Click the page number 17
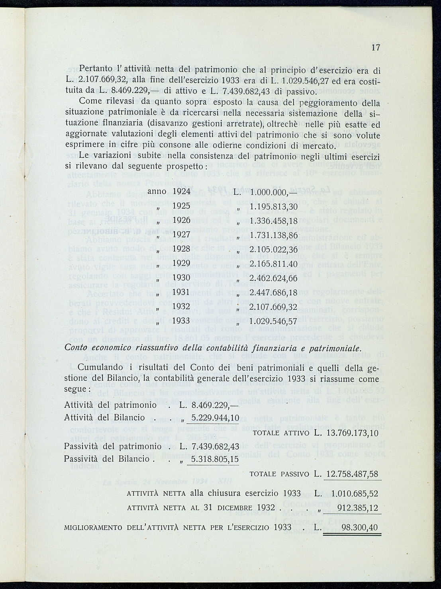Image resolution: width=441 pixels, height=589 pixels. (376, 47)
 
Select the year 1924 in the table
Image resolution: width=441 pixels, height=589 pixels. (181, 192)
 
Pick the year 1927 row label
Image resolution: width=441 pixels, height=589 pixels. (181, 235)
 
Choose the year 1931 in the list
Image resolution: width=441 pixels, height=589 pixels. (181, 292)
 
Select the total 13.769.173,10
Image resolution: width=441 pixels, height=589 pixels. (352, 434)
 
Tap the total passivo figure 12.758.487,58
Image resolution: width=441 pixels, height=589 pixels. (352, 474)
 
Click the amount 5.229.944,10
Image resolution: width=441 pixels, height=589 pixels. (215, 417)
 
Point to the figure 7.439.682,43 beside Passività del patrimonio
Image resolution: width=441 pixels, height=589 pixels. (215, 447)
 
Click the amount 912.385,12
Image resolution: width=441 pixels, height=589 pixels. (357, 508)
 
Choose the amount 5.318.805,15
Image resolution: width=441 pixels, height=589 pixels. (215, 459)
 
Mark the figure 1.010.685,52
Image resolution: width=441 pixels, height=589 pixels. (355, 494)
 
